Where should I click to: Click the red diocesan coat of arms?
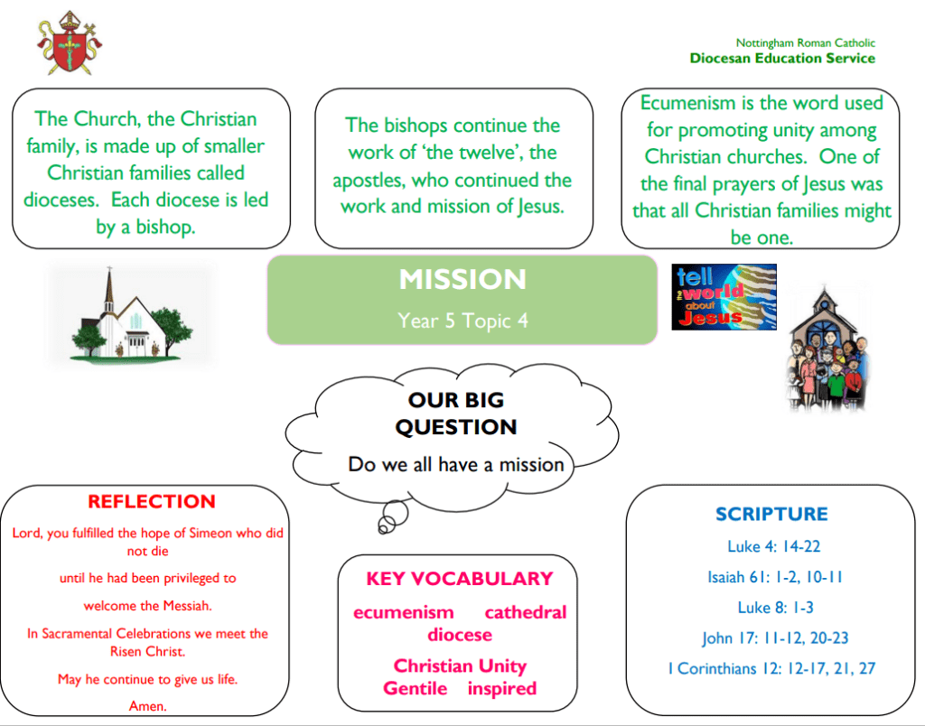(x=70, y=43)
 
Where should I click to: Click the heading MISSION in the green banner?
(x=462, y=279)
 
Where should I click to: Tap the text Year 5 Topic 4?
(x=462, y=321)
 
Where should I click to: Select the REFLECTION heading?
(x=152, y=501)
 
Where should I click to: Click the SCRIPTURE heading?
(x=771, y=515)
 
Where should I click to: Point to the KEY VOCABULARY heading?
(x=460, y=579)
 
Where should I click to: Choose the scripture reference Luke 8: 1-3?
(x=775, y=608)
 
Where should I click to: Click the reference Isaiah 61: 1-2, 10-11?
(x=775, y=577)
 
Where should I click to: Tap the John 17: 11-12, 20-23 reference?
(x=775, y=638)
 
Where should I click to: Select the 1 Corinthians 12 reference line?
(x=771, y=669)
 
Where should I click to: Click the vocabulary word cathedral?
(x=526, y=613)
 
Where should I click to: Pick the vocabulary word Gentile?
(x=416, y=688)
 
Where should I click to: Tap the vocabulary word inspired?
(x=502, y=689)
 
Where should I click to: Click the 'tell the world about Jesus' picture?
(x=724, y=297)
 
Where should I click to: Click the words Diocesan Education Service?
(x=782, y=59)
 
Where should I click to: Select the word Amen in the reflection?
(x=147, y=706)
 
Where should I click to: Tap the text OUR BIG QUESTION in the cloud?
(x=456, y=414)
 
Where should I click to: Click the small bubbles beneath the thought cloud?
(x=393, y=517)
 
